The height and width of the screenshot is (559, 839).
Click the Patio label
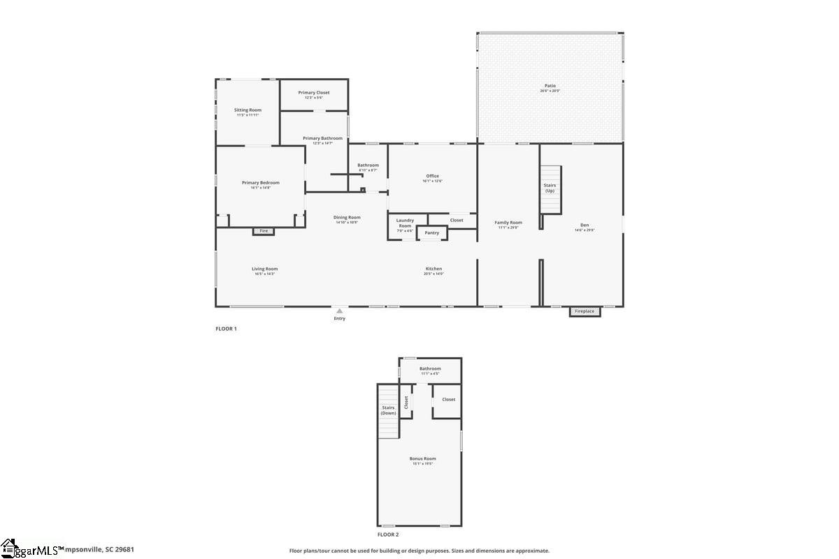(x=550, y=85)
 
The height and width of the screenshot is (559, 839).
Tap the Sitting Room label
(x=248, y=110)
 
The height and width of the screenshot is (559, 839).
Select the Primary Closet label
(x=313, y=92)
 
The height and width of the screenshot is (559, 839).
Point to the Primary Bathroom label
(x=322, y=138)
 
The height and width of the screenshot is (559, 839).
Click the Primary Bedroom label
(x=260, y=182)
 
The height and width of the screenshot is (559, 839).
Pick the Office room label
(x=432, y=176)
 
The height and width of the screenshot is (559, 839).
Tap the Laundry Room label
(x=405, y=223)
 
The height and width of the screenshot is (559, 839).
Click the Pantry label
(x=431, y=233)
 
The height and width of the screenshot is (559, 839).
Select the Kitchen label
(x=433, y=269)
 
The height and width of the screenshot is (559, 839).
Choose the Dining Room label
(x=347, y=217)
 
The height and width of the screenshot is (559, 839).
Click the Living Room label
(x=265, y=269)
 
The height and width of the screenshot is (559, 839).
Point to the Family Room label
(x=508, y=223)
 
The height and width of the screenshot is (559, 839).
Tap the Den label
(x=585, y=225)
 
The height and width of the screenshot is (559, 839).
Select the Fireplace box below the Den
(x=585, y=311)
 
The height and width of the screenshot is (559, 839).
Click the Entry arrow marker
(x=339, y=311)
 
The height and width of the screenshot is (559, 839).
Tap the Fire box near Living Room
(x=264, y=231)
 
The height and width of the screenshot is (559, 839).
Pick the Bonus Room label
(x=422, y=459)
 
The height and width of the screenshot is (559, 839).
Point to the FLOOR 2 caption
(x=388, y=535)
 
